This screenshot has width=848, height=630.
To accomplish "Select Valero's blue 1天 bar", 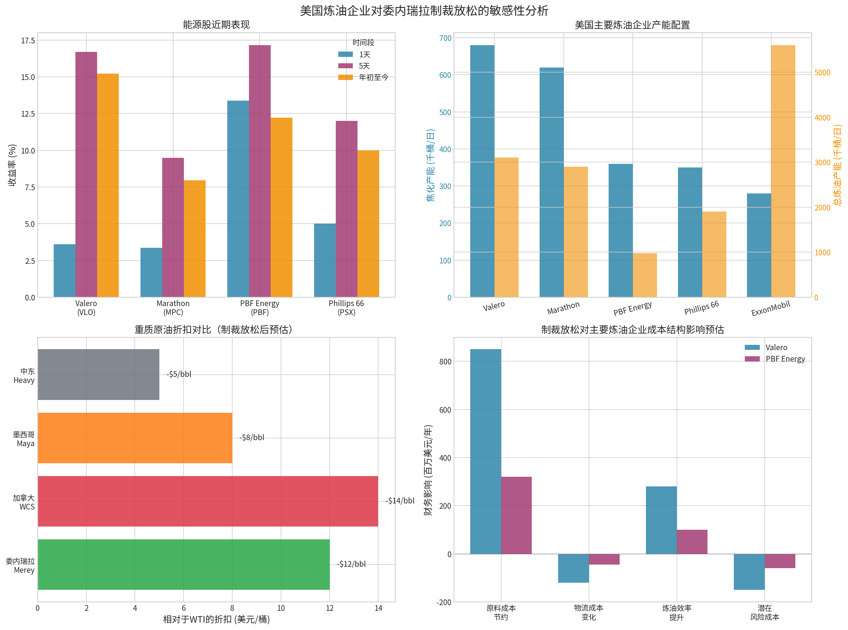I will click(64, 271).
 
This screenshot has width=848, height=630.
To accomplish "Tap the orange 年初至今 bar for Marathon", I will click(195, 238).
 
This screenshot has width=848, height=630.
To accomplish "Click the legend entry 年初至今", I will click(373, 78).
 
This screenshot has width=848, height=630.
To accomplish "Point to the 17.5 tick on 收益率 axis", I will click(28, 41).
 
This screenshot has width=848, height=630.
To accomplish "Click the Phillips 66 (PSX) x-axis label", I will click(346, 308).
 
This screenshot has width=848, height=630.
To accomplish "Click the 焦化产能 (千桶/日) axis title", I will click(430, 165).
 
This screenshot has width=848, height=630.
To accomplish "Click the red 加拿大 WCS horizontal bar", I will click(208, 501).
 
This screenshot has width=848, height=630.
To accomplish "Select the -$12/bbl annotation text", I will click(351, 564).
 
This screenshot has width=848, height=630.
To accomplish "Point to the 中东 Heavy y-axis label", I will click(24, 376).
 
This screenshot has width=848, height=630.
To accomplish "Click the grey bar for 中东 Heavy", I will click(99, 374).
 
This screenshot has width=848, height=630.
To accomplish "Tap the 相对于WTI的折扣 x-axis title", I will click(216, 619).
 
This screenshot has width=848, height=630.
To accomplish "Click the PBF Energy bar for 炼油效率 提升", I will click(691, 541).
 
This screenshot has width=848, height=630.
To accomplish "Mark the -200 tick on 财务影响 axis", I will click(444, 602).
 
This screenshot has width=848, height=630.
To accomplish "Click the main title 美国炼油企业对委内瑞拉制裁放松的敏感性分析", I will click(424, 11).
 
